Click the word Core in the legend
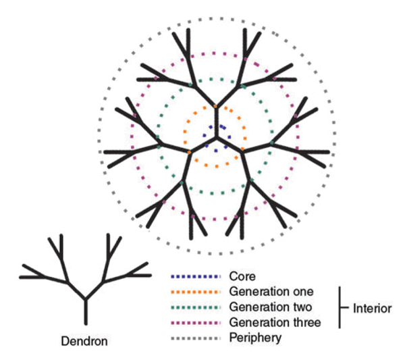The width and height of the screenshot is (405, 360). [x=240, y=277]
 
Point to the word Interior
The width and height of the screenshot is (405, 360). [x=372, y=308]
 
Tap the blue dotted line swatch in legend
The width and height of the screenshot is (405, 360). [x=196, y=277]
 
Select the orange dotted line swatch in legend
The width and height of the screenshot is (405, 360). [x=196, y=292]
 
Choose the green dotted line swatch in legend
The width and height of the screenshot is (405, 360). [x=196, y=307]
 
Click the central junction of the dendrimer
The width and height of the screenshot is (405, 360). [x=216, y=138]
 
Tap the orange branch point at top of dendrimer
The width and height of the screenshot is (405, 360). [x=216, y=107]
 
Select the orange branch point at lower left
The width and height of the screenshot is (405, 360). [x=190, y=153]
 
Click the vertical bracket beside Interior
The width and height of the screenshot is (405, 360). [x=340, y=307]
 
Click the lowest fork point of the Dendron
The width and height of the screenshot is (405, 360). [x=85, y=298]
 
